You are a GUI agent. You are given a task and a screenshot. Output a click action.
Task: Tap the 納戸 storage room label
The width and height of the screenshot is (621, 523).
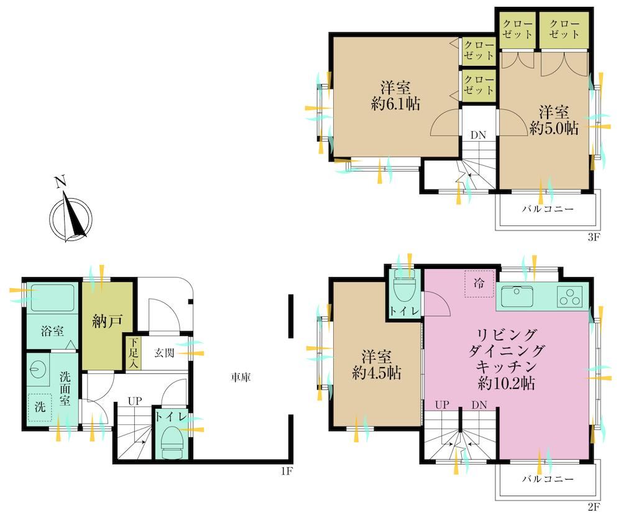108,321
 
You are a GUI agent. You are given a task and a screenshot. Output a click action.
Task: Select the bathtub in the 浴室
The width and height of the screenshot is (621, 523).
53,297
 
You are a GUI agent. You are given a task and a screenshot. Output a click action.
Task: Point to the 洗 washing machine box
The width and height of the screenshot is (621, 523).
40,407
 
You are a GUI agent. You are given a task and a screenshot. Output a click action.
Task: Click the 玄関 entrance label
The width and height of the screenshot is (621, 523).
164,352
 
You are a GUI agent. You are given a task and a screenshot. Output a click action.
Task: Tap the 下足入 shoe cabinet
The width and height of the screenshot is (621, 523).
134,353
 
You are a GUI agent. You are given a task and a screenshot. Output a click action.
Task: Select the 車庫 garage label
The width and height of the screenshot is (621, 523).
241,378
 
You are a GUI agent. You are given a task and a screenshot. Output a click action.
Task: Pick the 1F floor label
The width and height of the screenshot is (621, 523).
287,471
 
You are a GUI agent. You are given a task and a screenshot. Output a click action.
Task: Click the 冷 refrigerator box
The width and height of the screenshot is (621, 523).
479,283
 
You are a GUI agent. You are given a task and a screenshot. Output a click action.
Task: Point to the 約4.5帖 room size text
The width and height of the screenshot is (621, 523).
377,373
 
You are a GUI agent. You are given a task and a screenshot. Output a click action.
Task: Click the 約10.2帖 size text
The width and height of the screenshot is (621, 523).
507,383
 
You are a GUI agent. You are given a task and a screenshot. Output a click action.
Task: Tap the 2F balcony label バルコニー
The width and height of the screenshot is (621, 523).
548,479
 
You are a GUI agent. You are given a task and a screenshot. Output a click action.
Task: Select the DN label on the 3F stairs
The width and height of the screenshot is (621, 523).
479,135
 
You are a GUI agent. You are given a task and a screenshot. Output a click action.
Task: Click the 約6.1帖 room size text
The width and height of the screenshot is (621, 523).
395,104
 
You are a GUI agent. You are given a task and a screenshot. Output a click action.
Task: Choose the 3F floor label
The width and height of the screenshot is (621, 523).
594,237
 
